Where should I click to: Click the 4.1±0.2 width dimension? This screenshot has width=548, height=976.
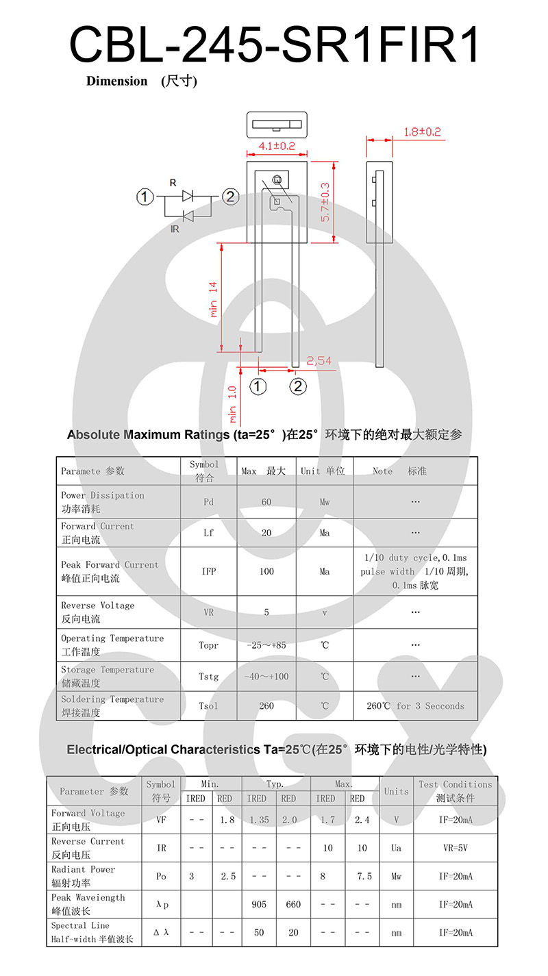(x=277, y=146)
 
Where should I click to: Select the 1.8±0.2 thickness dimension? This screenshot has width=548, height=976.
(x=422, y=132)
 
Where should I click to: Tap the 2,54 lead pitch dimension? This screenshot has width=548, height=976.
(x=319, y=361)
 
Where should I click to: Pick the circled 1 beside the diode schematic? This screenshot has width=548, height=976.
(x=145, y=197)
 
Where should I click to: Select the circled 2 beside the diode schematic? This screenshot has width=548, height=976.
(x=230, y=197)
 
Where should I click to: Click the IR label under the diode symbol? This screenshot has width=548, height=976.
(x=175, y=229)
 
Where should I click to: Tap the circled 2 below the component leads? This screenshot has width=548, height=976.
(x=297, y=387)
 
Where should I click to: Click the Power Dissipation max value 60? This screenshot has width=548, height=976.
(x=266, y=502)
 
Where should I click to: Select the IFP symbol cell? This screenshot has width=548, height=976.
(x=209, y=571)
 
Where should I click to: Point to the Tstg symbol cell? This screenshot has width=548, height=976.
(x=209, y=677)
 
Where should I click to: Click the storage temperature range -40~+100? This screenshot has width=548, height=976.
(x=266, y=677)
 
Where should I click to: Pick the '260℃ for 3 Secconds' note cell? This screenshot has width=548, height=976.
(x=415, y=706)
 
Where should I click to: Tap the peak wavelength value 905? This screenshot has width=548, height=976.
(x=259, y=905)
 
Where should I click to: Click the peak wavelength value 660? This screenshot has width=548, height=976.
(x=293, y=905)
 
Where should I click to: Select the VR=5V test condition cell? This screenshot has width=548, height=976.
(x=456, y=848)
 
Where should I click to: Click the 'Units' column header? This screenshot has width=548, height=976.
(x=396, y=791)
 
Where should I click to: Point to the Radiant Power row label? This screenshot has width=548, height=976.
(x=84, y=876)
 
